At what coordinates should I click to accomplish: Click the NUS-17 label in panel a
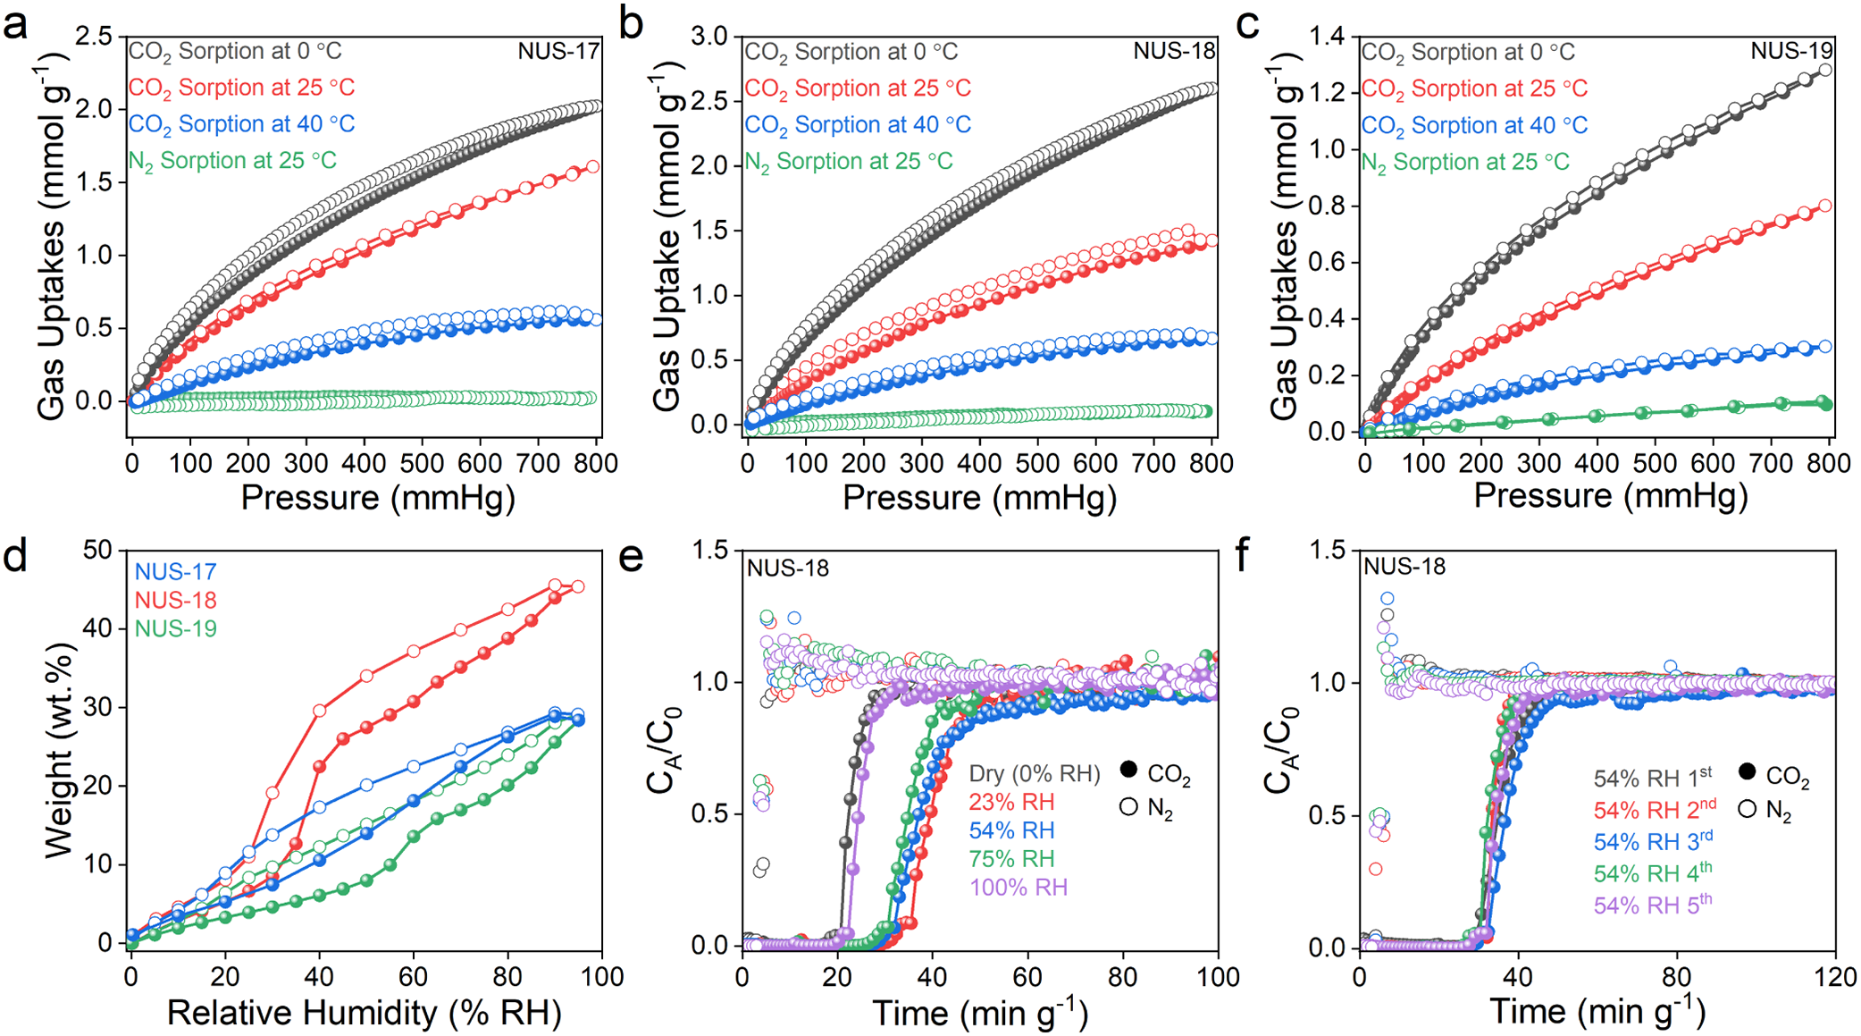[558, 51]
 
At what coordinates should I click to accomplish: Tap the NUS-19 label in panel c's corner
[1791, 51]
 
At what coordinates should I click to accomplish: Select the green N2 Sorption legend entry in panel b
[849, 162]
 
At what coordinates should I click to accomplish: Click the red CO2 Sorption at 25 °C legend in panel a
[241, 88]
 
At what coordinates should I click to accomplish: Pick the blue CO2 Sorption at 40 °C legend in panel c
[1474, 125]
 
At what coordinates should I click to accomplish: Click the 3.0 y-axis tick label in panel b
[711, 37]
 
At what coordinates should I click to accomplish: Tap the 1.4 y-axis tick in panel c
[1327, 37]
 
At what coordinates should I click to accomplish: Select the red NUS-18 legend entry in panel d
[175, 600]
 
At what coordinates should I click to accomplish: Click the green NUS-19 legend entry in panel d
[175, 628]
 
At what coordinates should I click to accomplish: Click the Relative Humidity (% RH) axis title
[365, 1013]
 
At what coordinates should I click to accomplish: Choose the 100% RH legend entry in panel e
[1019, 888]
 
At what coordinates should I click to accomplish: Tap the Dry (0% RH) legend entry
[1035, 773]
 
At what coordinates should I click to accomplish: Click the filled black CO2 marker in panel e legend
[1128, 770]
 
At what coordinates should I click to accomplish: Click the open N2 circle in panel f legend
[1748, 809]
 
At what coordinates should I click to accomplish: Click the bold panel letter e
[632, 557]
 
